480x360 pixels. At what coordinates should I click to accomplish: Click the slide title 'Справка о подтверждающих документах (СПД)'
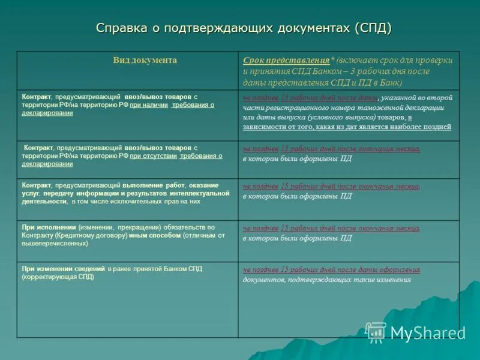point(244,28)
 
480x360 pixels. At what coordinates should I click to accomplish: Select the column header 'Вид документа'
point(145,60)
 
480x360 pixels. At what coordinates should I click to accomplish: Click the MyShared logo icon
point(376,332)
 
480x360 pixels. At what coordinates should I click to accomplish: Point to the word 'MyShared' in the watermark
point(428,333)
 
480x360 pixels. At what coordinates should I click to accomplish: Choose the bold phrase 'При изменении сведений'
point(64,269)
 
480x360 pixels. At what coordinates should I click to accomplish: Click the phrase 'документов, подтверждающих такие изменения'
point(327,280)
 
